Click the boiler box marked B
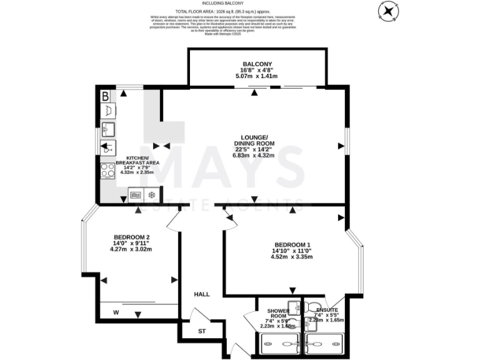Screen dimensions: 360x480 click(106, 97)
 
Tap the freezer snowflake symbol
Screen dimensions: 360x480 click(151, 196)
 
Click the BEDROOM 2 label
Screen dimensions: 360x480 click(131, 237)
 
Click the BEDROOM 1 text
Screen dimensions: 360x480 click(292, 244)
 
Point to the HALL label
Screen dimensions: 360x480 click(202, 294)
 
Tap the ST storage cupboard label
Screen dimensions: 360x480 click(201, 331)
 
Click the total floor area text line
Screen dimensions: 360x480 click(240, 11)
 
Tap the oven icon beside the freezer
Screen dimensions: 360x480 click(135, 196)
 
